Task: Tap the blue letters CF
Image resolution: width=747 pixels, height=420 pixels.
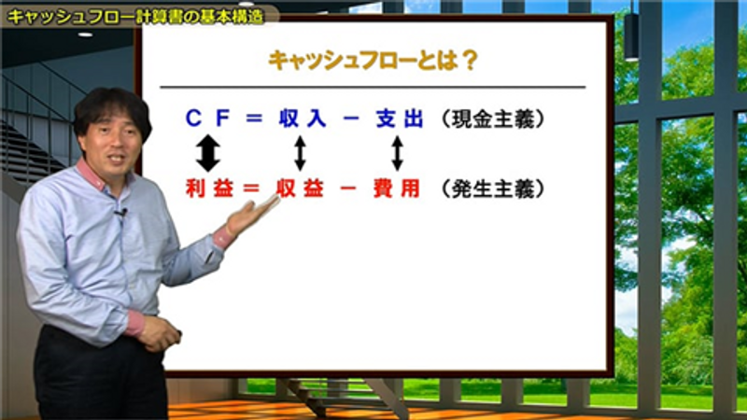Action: click(x=207, y=119)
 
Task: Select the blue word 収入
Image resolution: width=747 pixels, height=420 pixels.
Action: click(x=303, y=119)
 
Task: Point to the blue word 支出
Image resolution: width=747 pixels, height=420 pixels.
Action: click(x=400, y=119)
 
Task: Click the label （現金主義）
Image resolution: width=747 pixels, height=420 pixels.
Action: click(x=493, y=119)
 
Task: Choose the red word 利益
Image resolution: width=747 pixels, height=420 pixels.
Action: click(x=209, y=189)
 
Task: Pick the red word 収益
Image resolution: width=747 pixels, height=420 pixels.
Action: click(x=300, y=189)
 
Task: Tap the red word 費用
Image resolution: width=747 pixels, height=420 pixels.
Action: click(x=396, y=189)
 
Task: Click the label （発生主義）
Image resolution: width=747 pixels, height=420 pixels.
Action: click(x=493, y=189)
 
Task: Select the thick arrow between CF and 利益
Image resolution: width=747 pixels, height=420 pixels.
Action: click(x=208, y=153)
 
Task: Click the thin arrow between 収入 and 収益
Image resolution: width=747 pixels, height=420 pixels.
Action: click(x=300, y=153)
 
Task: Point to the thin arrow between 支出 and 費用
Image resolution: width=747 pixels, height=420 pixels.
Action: click(x=398, y=153)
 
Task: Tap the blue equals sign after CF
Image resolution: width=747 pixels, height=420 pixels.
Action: click(x=254, y=119)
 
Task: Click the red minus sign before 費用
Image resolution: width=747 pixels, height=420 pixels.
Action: click(x=348, y=189)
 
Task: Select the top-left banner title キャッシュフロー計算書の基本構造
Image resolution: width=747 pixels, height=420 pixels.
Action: click(x=135, y=16)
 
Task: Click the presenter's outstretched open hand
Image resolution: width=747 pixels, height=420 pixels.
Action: click(x=251, y=216)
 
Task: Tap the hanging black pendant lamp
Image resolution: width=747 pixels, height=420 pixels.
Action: click(x=632, y=36)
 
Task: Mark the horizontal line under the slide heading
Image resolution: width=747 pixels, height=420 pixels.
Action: click(x=373, y=87)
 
